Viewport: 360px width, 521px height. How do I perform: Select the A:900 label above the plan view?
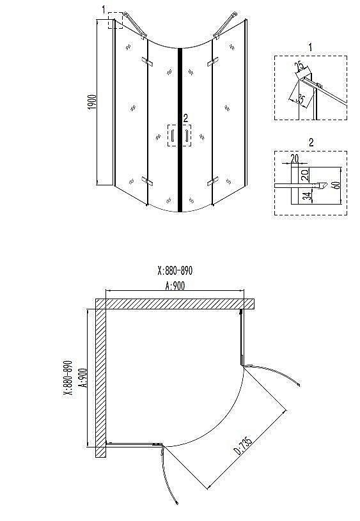coord(175,286)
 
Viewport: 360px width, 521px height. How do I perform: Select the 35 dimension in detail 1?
coord(299,99)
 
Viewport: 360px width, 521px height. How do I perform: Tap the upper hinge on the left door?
coord(148,63)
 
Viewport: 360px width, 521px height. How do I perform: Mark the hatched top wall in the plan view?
coord(176,303)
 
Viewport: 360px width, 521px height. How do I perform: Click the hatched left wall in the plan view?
coord(100,380)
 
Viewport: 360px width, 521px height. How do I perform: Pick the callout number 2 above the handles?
coord(185,118)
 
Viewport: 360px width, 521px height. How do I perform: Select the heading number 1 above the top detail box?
coord(310,47)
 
